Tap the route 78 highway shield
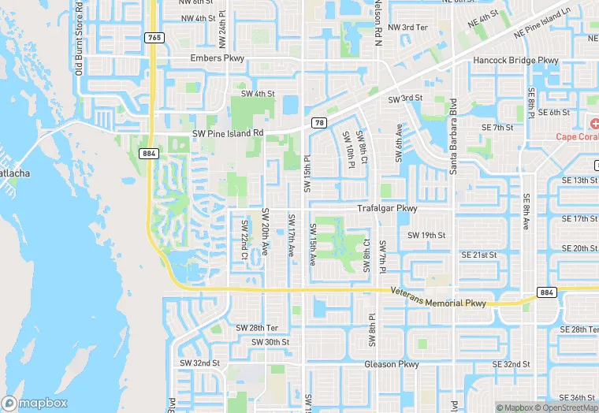click(319, 122)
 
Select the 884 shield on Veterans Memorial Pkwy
click(547, 292)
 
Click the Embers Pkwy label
click(218, 59)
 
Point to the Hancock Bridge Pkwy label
click(515, 60)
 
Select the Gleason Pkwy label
click(392, 364)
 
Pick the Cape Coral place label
click(577, 136)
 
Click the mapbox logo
click(35, 403)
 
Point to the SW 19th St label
click(426, 235)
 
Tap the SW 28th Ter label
click(257, 327)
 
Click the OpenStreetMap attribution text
click(567, 407)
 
